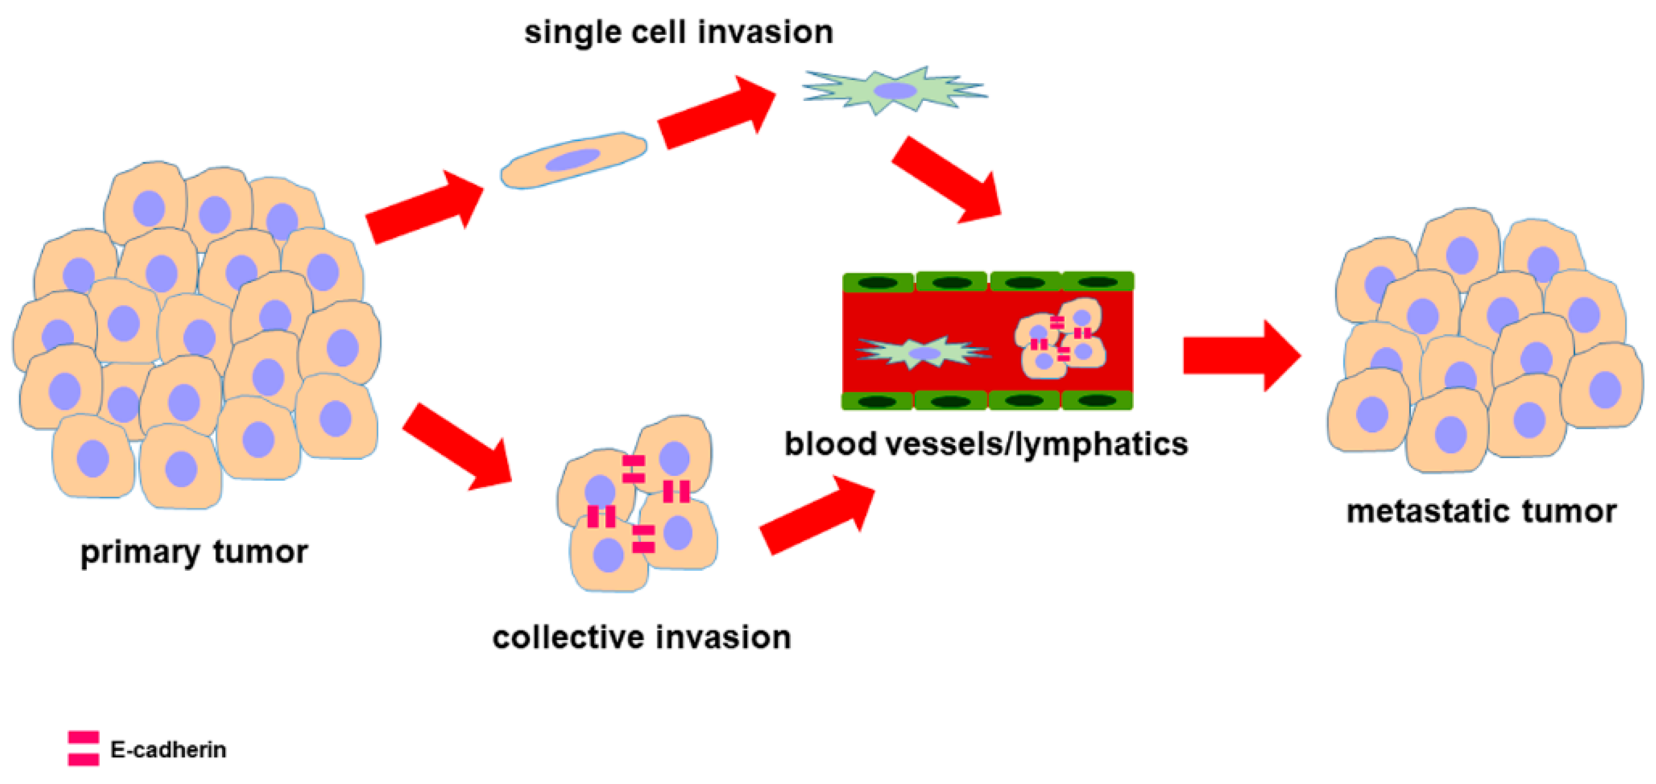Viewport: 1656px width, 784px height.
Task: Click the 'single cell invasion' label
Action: point(678,32)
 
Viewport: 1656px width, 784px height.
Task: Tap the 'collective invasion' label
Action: point(641,638)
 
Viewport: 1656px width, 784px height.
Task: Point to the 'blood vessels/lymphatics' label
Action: point(986,444)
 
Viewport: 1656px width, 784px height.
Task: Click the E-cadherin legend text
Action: point(168,749)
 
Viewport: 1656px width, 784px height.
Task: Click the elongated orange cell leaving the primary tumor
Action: point(573,161)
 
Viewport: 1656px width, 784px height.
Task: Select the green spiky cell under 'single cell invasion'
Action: point(895,90)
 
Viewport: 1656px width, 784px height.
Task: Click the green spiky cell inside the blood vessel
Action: point(924,352)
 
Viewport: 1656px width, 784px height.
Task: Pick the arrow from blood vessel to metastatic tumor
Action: point(1241,355)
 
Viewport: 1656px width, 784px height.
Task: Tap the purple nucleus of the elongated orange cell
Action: point(573,160)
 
